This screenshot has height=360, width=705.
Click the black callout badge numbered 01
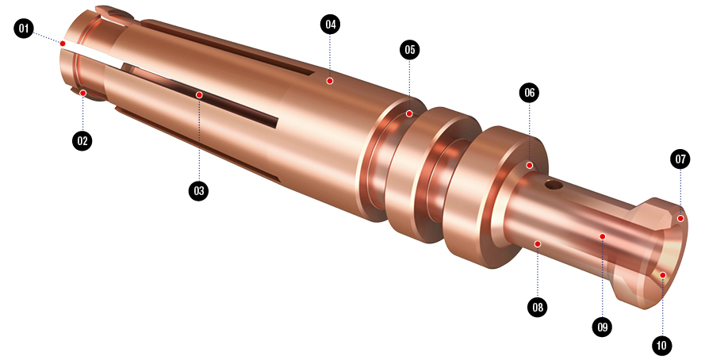[23, 29]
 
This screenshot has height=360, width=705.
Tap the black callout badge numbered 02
[82, 140]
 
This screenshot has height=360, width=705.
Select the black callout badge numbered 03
[199, 190]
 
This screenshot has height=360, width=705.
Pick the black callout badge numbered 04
[331, 25]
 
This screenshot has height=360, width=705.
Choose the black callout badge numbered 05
[410, 49]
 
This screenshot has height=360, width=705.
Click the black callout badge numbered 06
[529, 93]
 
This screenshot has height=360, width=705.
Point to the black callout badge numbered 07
[680, 159]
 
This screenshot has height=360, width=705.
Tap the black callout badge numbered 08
[538, 308]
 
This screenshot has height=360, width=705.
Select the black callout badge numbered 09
[603, 327]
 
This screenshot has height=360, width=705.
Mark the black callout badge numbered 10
[661, 346]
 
